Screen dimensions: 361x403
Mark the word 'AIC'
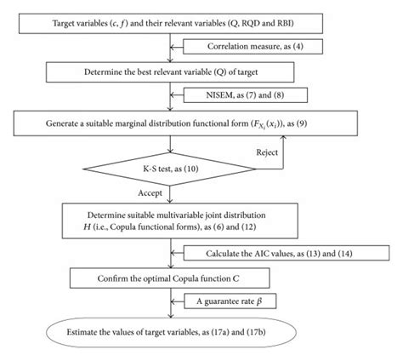tap(265, 254)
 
